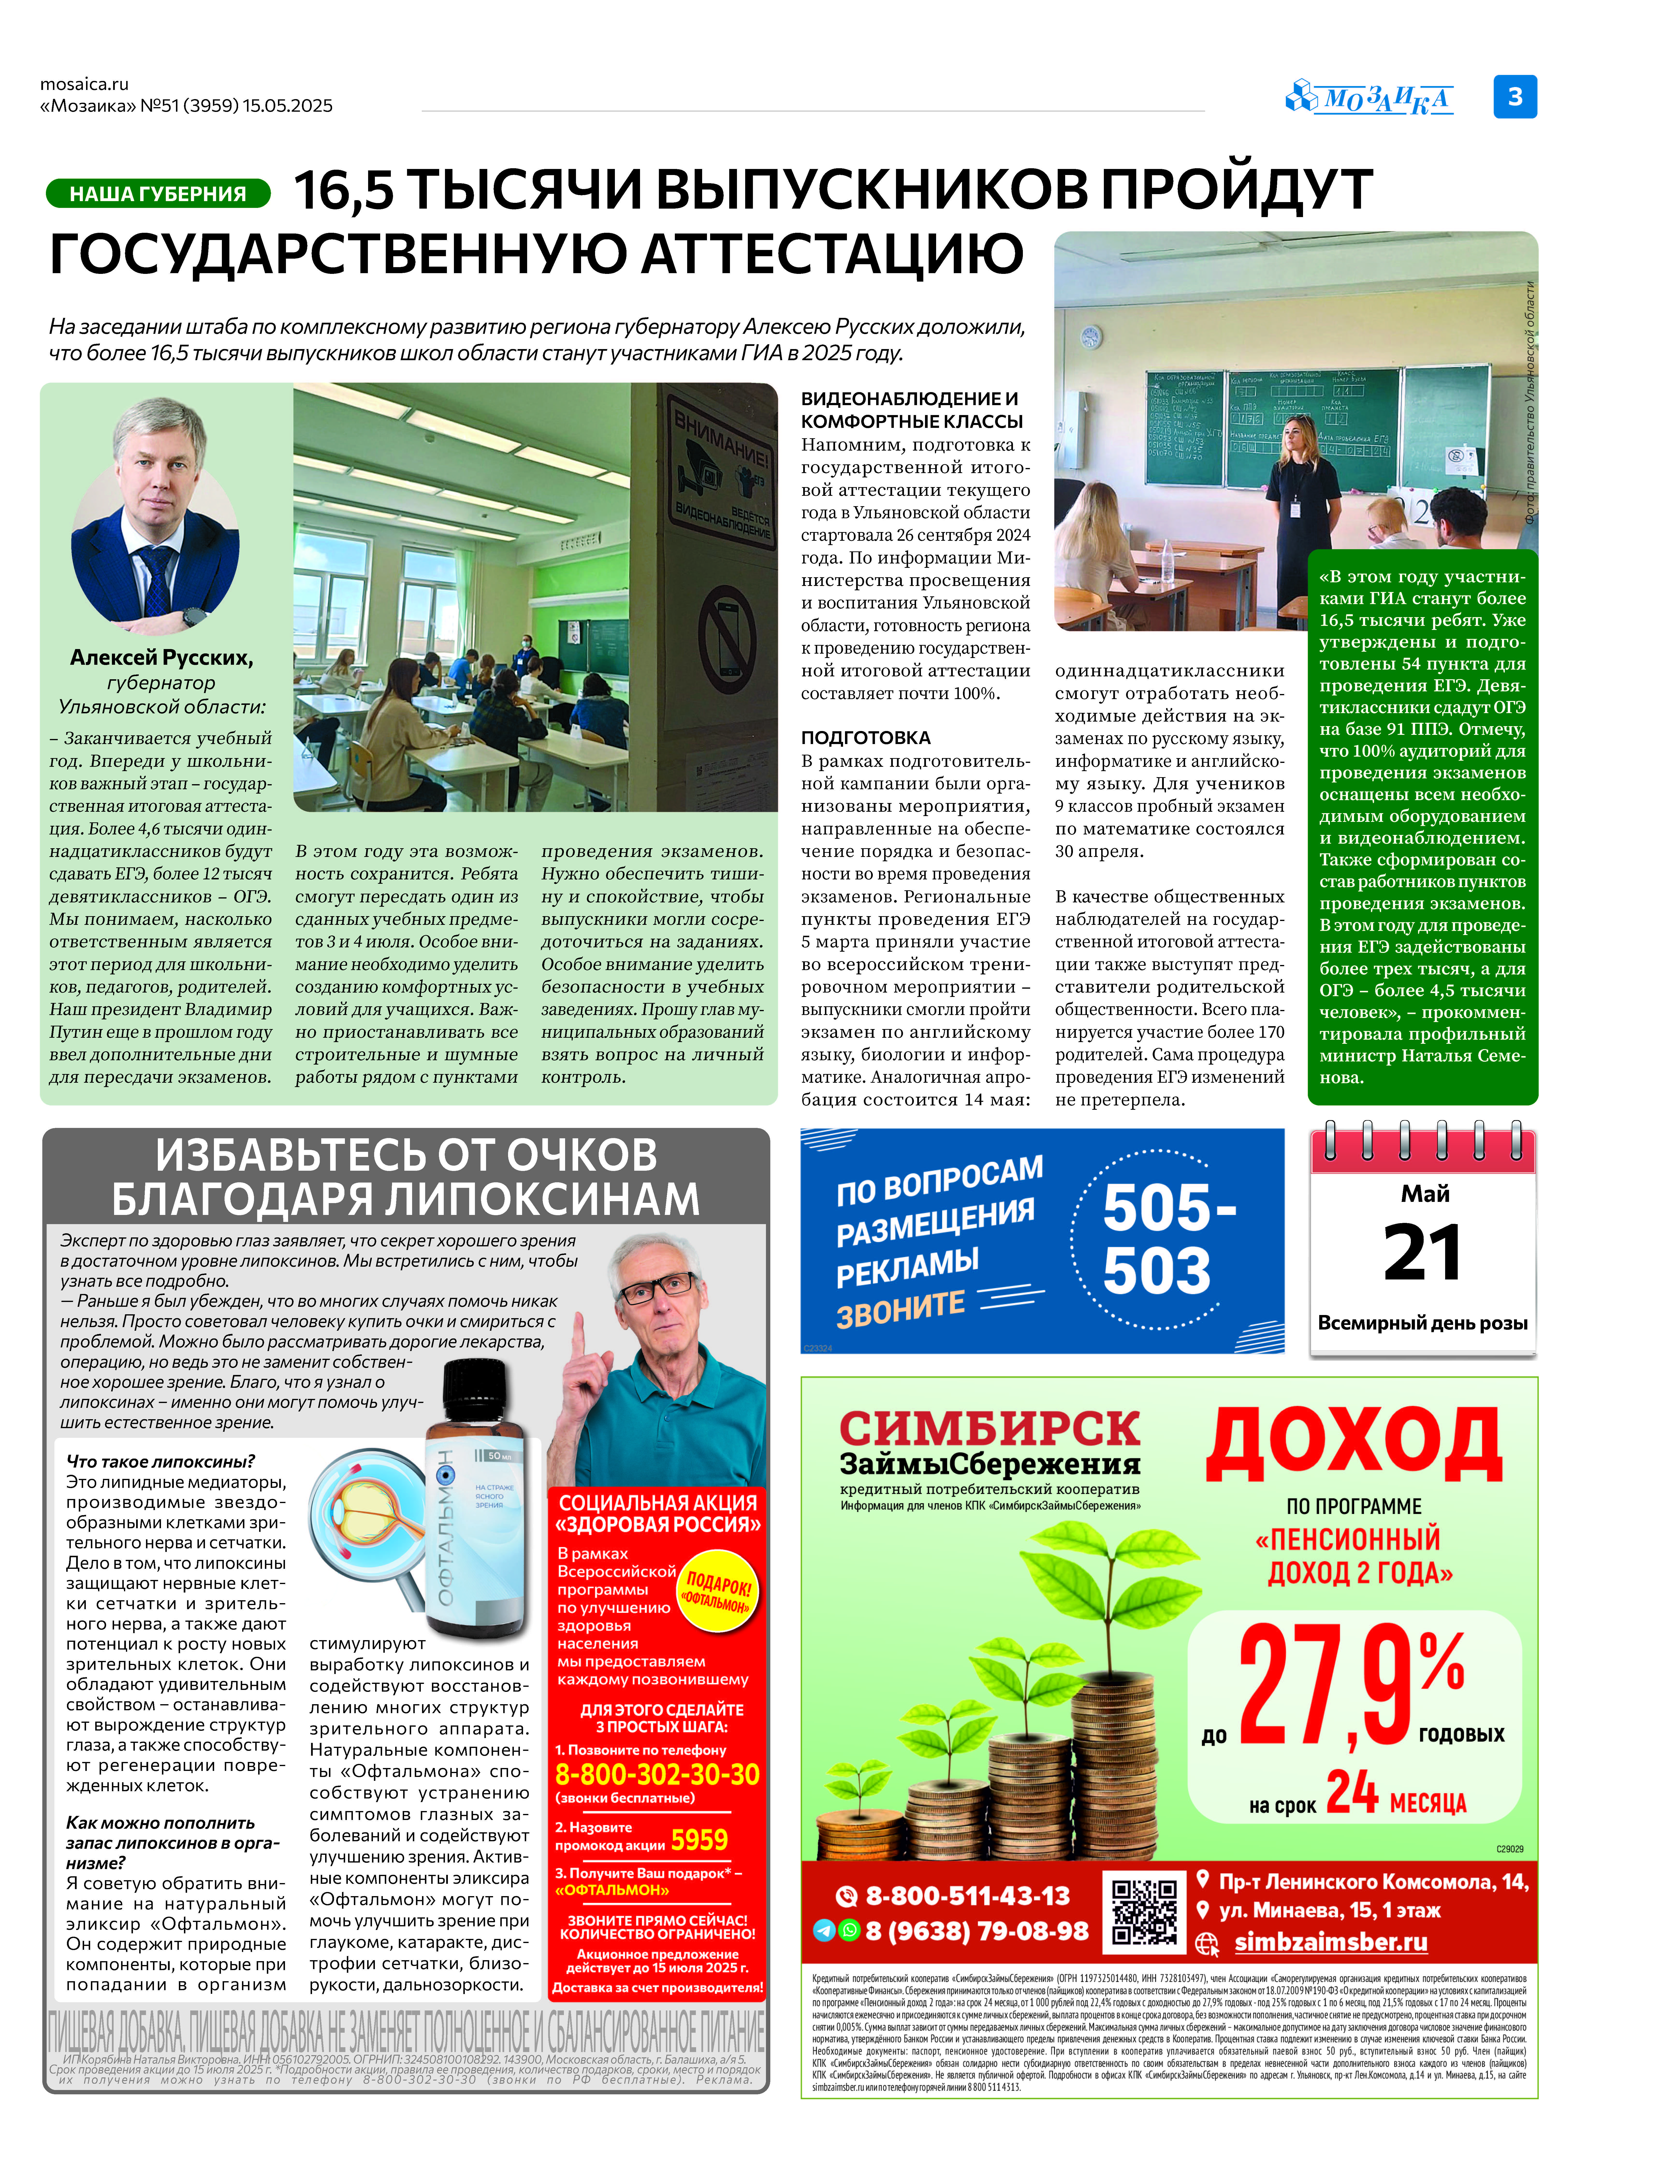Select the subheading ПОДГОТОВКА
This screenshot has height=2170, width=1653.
click(x=865, y=737)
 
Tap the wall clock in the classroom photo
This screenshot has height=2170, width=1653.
click(x=1090, y=337)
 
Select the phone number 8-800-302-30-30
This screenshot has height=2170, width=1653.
click(x=657, y=1774)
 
